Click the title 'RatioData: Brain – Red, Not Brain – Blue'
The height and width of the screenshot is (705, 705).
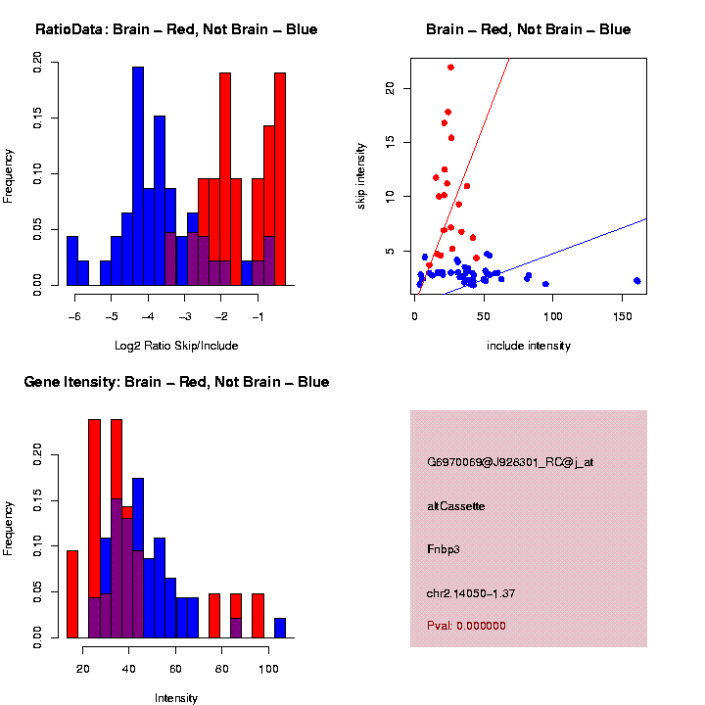pyautogui.click(x=176, y=29)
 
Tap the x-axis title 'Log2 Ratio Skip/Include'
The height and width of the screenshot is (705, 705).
pyautogui.click(x=175, y=346)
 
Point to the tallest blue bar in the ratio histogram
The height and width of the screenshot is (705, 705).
pyautogui.click(x=138, y=176)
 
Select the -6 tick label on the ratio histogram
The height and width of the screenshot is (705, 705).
pyautogui.click(x=73, y=317)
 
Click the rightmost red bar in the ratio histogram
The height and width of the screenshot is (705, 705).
pyautogui.click(x=280, y=176)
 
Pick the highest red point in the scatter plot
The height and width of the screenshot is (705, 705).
pyautogui.click(x=450, y=68)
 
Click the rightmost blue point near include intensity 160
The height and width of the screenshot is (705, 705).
pyautogui.click(x=636, y=280)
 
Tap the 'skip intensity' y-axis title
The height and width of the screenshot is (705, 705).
pyautogui.click(x=361, y=172)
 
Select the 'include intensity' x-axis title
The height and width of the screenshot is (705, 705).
pyautogui.click(x=529, y=346)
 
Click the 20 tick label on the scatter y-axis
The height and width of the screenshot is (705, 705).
pyautogui.click(x=390, y=87)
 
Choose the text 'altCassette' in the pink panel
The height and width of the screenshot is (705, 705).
pyautogui.click(x=456, y=506)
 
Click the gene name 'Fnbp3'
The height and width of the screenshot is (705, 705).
pyautogui.click(x=444, y=549)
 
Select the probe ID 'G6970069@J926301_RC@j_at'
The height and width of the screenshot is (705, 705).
pyautogui.click(x=510, y=462)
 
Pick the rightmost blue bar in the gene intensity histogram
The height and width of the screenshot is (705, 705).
pyautogui.click(x=280, y=628)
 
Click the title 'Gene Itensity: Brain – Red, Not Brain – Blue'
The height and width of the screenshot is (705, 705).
pyautogui.click(x=176, y=382)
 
